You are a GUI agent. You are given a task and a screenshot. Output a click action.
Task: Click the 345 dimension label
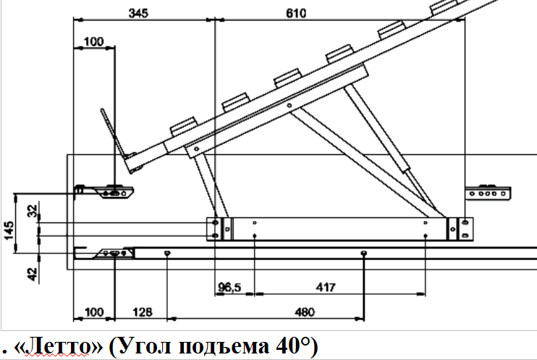pos(138,13)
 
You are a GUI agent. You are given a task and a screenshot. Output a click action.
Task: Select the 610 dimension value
pos(296,13)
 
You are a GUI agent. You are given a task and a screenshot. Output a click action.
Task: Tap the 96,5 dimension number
pos(229,287)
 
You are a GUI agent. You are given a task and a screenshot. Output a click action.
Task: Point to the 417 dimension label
pos(326,287)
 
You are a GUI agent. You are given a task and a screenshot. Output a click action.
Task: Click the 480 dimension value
pos(305,312)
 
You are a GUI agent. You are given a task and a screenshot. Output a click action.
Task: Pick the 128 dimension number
pos(142,312)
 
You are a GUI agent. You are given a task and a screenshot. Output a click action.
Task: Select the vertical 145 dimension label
pos(9,230)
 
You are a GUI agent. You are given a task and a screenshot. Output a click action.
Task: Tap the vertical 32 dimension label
pos(32,212)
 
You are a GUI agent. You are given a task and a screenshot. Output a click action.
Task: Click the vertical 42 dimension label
pos(32,274)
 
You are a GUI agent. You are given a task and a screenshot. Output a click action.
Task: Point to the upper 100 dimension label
pos(93,42)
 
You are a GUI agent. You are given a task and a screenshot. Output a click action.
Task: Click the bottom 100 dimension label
pos(93,312)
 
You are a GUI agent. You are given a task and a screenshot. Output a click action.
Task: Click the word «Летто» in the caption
pos(58,346)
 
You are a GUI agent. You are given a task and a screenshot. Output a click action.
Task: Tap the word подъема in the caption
pos(224,346)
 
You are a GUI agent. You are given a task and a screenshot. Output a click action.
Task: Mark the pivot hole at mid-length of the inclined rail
pos(289,105)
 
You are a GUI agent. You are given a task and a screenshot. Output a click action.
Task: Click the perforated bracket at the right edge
pos(488,193)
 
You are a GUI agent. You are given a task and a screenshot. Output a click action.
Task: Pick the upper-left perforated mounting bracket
pos(104,193)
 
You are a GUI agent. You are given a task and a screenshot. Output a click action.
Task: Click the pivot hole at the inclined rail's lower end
pos(196,149)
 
